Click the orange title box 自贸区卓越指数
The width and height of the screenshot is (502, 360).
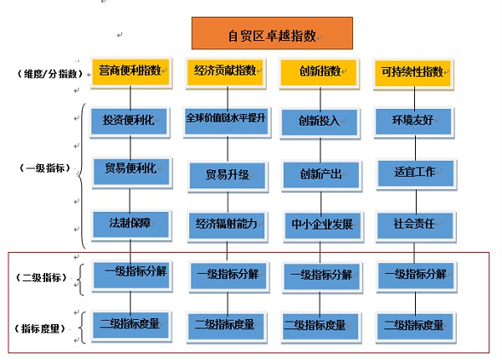coord(272,34)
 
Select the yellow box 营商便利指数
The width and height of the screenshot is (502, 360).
coord(130,71)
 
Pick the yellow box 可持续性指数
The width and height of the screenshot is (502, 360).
coord(412,71)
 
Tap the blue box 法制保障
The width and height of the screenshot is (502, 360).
coord(130,224)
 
